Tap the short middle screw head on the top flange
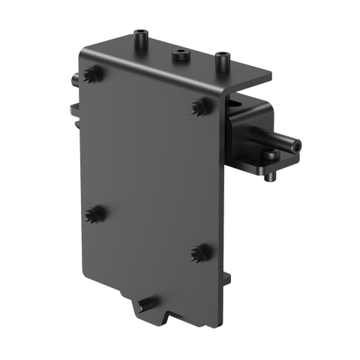click(x=180, y=56)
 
